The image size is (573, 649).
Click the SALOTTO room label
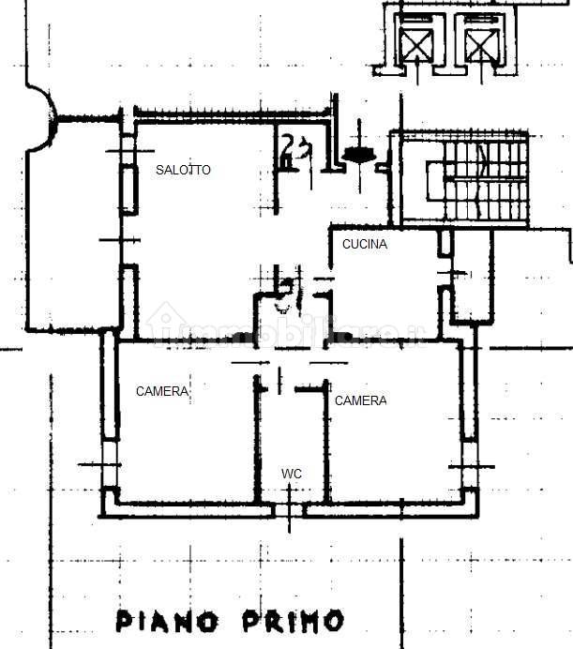183,170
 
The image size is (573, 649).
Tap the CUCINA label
364,244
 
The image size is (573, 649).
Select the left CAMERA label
162,391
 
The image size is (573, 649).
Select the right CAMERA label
360,400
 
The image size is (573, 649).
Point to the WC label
292,475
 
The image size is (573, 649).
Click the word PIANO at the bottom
167,620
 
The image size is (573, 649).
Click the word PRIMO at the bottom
292,620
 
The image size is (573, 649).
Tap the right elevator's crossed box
480,42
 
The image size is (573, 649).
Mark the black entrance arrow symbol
358,154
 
